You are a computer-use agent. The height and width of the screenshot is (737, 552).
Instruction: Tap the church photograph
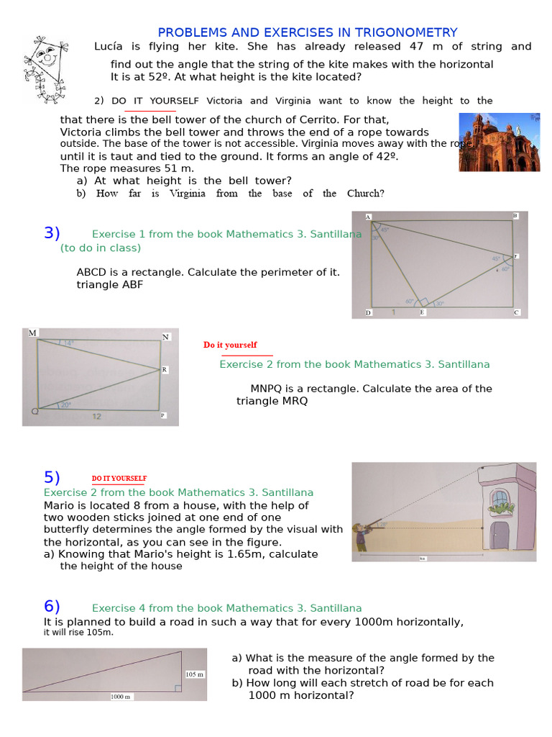tap(499, 141)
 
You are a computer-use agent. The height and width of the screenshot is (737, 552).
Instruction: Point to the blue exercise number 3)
tap(52, 233)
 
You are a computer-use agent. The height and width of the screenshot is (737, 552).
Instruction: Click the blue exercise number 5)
tap(52, 478)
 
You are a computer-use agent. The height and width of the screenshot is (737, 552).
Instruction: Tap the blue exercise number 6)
tap(52, 607)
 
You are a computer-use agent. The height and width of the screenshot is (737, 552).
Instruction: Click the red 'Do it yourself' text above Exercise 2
tap(230, 345)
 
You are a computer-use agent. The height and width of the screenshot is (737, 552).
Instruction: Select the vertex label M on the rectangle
tap(32, 333)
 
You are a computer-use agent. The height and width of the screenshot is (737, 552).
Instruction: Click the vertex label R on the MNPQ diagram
tap(164, 369)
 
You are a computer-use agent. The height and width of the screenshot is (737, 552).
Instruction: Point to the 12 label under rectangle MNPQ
tap(96, 416)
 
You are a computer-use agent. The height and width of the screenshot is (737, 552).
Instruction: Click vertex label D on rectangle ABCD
tap(368, 313)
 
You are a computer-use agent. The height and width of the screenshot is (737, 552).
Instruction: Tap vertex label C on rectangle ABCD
tap(516, 313)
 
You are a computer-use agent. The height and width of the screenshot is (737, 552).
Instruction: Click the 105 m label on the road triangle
tap(195, 674)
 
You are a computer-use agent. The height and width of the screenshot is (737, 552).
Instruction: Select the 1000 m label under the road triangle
tap(121, 697)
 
